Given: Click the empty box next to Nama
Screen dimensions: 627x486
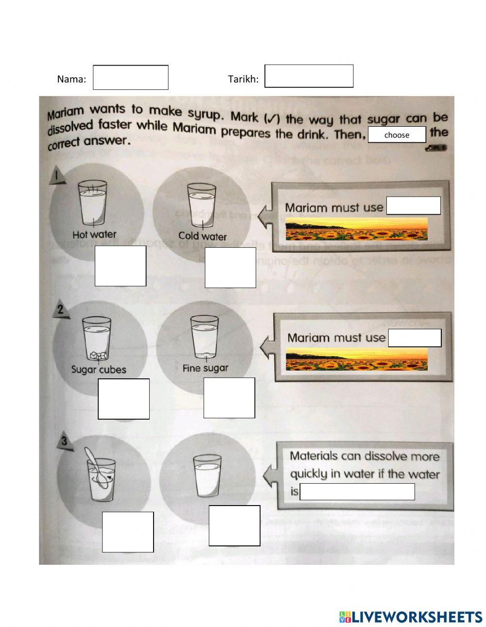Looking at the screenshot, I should tap(130, 78).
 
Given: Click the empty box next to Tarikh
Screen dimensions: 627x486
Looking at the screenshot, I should tap(309, 76).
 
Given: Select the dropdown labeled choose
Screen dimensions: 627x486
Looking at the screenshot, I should tap(397, 135).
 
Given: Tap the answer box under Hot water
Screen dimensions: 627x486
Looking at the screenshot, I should tap(120, 266).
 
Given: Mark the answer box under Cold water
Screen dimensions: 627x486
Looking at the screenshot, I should tap(230, 268).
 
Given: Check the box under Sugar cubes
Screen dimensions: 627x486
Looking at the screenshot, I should tap(123, 399).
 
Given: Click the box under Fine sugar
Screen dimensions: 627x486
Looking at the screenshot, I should tap(229, 398).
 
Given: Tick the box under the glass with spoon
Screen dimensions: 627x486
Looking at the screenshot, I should tap(128, 532).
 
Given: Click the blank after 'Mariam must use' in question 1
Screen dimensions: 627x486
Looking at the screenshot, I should tap(413, 205).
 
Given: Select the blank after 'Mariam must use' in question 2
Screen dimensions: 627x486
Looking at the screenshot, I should tap(415, 338).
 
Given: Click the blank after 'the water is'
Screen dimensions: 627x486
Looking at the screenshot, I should tap(357, 491).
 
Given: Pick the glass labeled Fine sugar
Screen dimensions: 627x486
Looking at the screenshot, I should tap(205, 337).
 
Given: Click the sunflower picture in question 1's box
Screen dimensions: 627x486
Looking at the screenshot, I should tap(356, 229).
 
